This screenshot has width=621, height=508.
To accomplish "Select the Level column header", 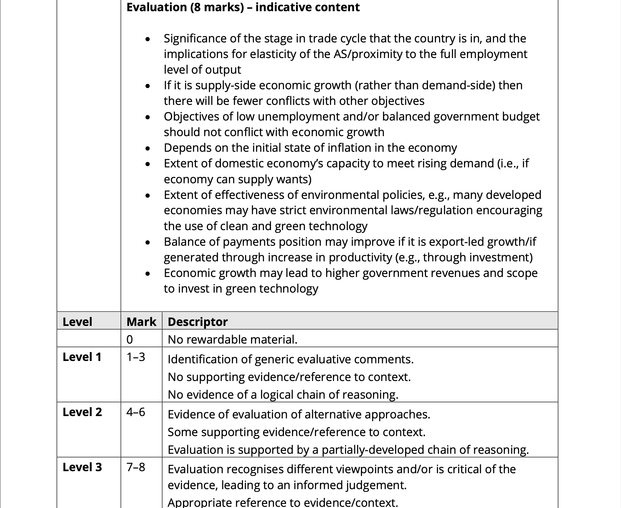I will tap(77, 321).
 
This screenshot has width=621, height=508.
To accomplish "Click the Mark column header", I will tap(141, 321).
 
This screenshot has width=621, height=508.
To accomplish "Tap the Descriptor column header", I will tap(198, 321).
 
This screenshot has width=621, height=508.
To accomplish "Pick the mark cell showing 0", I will tap(130, 339).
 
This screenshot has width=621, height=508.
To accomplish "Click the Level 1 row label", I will tap(82, 357).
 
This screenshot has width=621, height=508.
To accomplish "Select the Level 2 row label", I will tap(82, 412).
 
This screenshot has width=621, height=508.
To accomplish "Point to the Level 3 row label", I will tap(82, 467).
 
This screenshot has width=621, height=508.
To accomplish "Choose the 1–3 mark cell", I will tap(136, 357).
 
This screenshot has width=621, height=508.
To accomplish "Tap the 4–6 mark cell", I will tap(136, 412).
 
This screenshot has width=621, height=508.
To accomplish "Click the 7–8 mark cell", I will tap(136, 467).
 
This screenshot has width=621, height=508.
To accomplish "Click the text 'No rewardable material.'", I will tap(232, 339).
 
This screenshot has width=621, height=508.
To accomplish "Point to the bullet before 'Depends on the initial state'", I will tap(148, 148).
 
